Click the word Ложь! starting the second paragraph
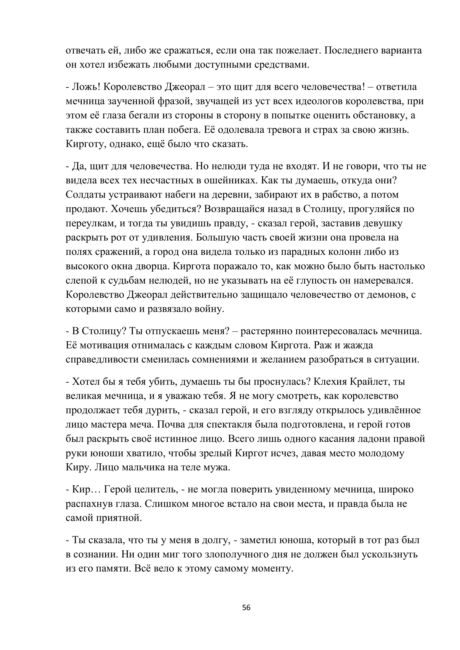[86, 87]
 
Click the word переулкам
[91, 224]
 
